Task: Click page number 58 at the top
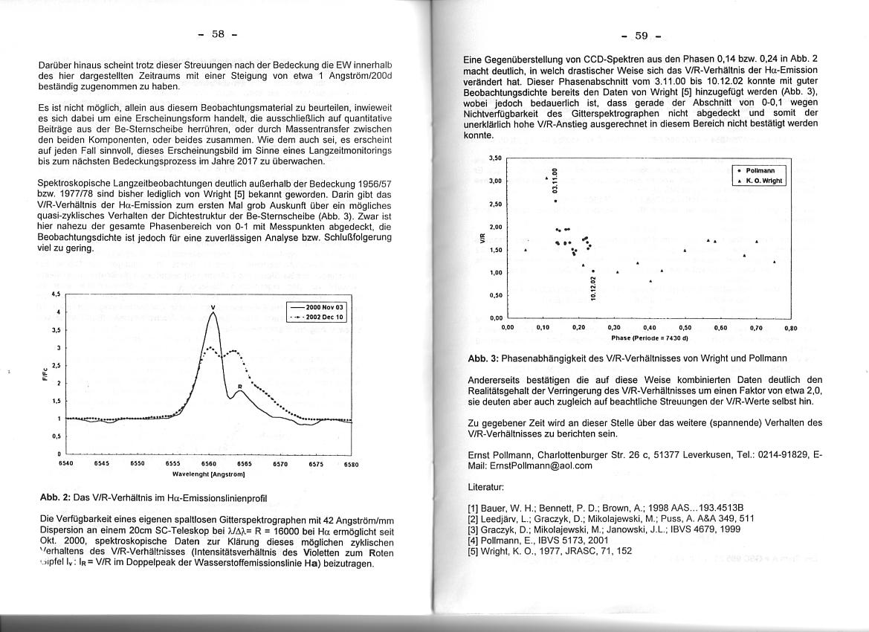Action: [217, 34]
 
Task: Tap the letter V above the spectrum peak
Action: [213, 307]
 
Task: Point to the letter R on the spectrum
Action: [239, 387]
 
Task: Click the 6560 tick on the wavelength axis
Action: [210, 462]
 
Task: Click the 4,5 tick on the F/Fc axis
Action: [54, 294]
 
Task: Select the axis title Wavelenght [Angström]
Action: [209, 473]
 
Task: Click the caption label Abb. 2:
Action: [55, 497]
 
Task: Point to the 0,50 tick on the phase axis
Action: [685, 327]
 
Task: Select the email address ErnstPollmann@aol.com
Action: [531, 465]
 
